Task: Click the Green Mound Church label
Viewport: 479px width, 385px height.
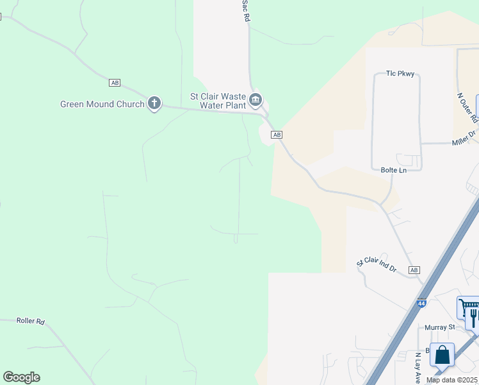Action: [x=102, y=104]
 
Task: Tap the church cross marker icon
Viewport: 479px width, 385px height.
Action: [x=154, y=102]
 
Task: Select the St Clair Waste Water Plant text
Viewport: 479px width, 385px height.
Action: [x=218, y=101]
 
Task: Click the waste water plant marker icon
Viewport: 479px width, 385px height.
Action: [x=256, y=99]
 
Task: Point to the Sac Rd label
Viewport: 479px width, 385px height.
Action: [x=245, y=12]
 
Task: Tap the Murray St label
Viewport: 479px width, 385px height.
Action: [x=439, y=327]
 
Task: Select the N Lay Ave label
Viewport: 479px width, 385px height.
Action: [x=418, y=362]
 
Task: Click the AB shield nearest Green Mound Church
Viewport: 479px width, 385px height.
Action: [x=115, y=83]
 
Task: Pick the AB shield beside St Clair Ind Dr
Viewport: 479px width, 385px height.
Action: [x=414, y=270]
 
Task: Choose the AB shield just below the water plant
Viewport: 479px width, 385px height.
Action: [x=277, y=135]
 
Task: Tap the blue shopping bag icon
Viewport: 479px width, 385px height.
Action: [x=442, y=355]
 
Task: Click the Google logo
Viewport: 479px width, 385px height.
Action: [x=21, y=377]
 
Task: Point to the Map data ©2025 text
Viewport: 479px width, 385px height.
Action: [x=452, y=380]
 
